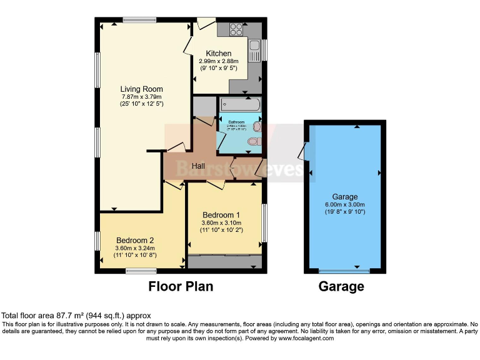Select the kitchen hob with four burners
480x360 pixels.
236,28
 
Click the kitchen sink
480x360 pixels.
254,51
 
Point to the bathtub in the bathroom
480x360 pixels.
240,104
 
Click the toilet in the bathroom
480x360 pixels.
253,142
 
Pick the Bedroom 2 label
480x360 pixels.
135,240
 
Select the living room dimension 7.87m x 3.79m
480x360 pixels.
142,97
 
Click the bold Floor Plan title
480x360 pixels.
181,287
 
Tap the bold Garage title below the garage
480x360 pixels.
341,287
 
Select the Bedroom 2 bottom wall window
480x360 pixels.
141,271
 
